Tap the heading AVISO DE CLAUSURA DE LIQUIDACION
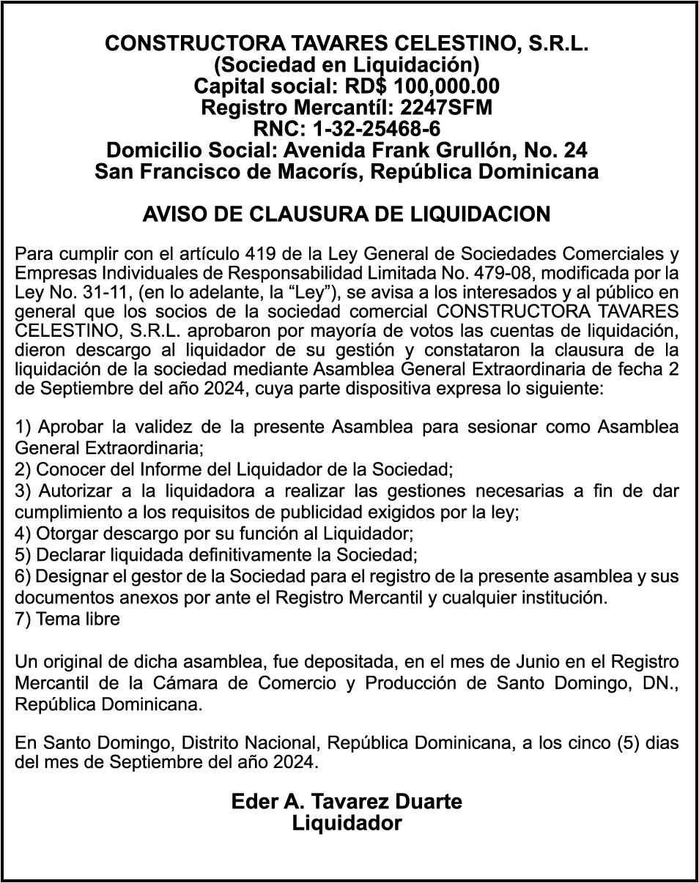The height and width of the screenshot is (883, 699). pyautogui.click(x=347, y=215)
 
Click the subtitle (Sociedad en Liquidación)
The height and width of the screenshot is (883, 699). pyautogui.click(x=347, y=65)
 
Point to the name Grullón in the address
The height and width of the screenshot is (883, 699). pyautogui.click(x=484, y=151)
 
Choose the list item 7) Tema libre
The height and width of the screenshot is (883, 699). pyautogui.click(x=67, y=619)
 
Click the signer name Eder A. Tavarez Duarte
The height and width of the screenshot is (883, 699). pyautogui.click(x=347, y=802)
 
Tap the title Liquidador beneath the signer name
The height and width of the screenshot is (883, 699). pyautogui.click(x=347, y=823)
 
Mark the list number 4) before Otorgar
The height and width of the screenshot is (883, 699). pyautogui.click(x=23, y=534)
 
